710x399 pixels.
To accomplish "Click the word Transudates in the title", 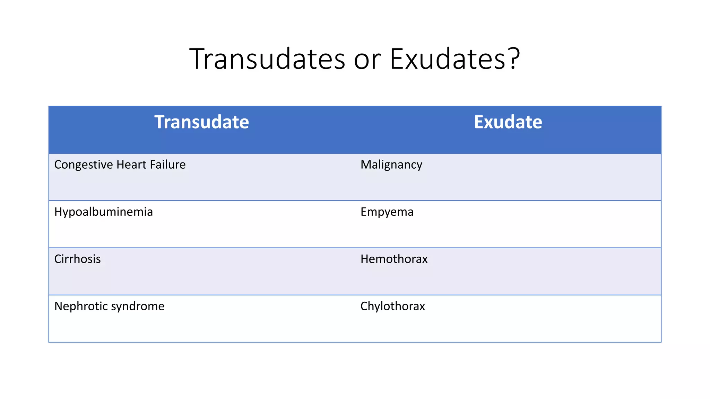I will click(267, 59).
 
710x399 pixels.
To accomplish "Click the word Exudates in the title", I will click(447, 59).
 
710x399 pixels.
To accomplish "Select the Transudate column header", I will click(201, 122).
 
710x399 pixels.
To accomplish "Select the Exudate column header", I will click(508, 122).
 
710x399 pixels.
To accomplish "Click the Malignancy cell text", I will click(391, 165).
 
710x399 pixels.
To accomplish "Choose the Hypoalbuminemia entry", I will click(103, 212).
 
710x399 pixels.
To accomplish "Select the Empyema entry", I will click(387, 212).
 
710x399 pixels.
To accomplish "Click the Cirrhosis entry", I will click(77, 259).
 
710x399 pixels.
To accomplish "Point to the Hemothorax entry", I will click(394, 259).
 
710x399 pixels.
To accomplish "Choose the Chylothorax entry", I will click(392, 306).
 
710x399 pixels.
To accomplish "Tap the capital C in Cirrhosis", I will click(58, 259).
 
